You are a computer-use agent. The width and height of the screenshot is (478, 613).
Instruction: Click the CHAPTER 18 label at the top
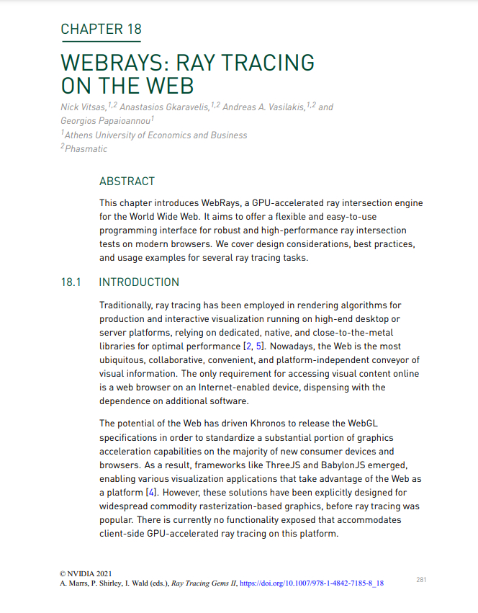click(101, 30)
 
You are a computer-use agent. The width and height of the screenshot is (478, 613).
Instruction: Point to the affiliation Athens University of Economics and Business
click(156, 135)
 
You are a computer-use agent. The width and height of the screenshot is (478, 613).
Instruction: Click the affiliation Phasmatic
click(86, 149)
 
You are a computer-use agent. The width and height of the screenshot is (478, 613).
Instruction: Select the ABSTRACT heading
click(127, 182)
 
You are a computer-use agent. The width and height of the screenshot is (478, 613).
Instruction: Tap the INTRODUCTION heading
click(139, 282)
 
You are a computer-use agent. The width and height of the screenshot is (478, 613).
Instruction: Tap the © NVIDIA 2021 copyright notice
click(86, 573)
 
